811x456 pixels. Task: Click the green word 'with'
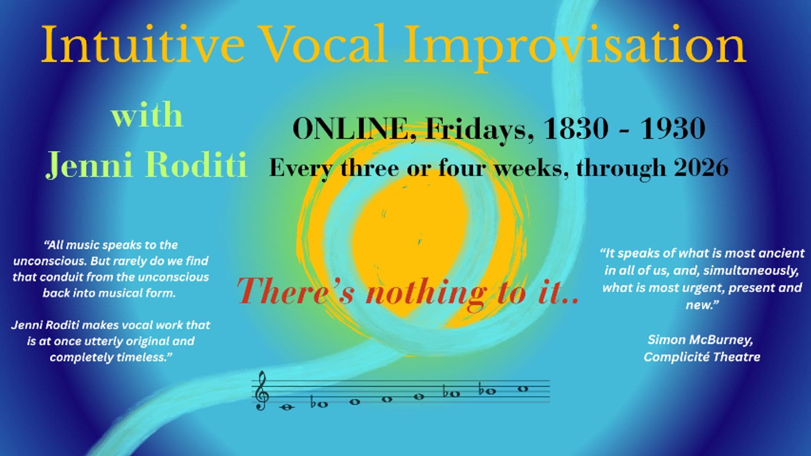click(x=147, y=114)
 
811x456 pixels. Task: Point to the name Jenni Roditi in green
click(x=147, y=164)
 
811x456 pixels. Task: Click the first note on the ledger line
click(x=287, y=407)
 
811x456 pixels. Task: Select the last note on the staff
click(x=523, y=389)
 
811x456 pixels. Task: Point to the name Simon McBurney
click(x=700, y=339)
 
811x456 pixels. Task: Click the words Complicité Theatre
click(x=702, y=357)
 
